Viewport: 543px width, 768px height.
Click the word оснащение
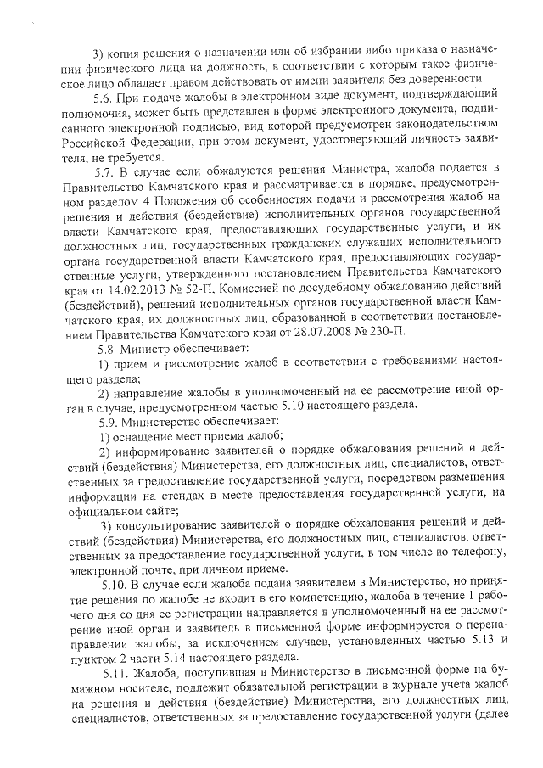(x=142, y=436)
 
